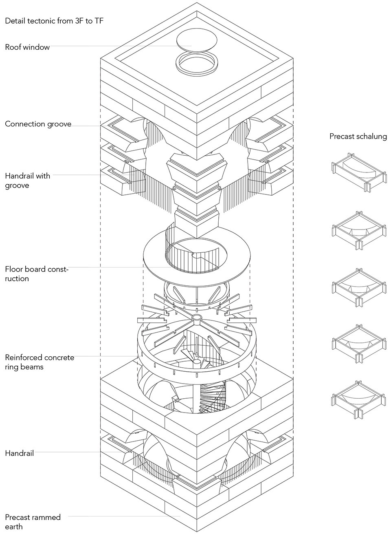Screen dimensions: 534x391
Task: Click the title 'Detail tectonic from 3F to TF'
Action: click(x=54, y=21)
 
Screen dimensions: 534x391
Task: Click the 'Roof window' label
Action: click(x=27, y=47)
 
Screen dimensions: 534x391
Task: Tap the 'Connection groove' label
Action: click(x=38, y=124)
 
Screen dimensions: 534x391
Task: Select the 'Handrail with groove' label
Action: click(x=27, y=181)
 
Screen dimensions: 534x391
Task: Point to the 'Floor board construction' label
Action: click(x=37, y=274)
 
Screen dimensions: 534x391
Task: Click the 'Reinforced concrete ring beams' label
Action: click(x=40, y=362)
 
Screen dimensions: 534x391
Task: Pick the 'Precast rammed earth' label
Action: click(x=33, y=522)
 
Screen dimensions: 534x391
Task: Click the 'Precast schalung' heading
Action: click(x=358, y=136)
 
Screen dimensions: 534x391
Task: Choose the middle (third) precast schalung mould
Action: click(x=358, y=287)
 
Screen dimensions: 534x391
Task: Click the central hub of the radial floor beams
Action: click(x=197, y=317)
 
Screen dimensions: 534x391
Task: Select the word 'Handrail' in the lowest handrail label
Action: click(x=19, y=453)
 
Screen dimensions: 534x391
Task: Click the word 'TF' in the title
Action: click(x=98, y=21)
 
